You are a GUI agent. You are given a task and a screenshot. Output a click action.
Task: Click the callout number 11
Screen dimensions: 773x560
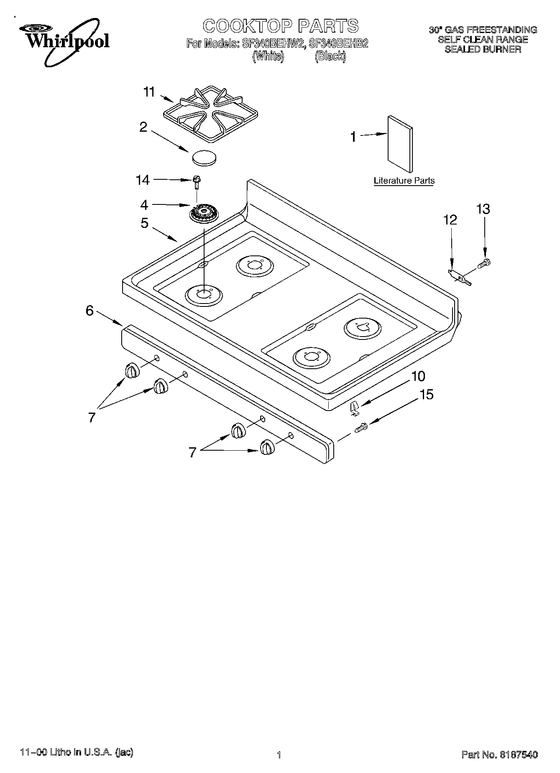coord(149,92)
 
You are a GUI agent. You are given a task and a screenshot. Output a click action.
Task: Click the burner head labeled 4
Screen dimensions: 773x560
coord(204,214)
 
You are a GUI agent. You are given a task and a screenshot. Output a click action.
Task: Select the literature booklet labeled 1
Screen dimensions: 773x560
coord(399,143)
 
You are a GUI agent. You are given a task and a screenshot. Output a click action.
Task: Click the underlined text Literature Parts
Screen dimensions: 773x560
coord(404,181)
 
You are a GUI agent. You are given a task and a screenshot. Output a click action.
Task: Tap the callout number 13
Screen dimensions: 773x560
coord(483,209)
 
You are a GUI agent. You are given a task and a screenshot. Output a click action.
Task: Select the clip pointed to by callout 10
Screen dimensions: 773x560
coord(354,408)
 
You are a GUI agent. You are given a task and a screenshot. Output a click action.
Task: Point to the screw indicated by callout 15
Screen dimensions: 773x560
coord(361,428)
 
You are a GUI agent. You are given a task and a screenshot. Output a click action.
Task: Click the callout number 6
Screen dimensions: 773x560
coord(89,311)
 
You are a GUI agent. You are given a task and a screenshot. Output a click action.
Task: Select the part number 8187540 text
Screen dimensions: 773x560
coord(518,754)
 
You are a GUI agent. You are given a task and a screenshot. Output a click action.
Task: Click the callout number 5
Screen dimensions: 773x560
coord(144,223)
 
